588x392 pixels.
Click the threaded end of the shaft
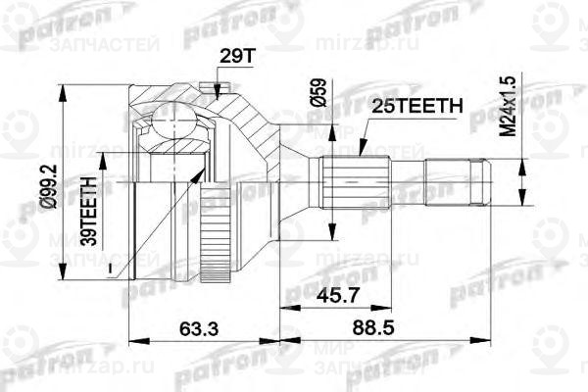click(x=480, y=180)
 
